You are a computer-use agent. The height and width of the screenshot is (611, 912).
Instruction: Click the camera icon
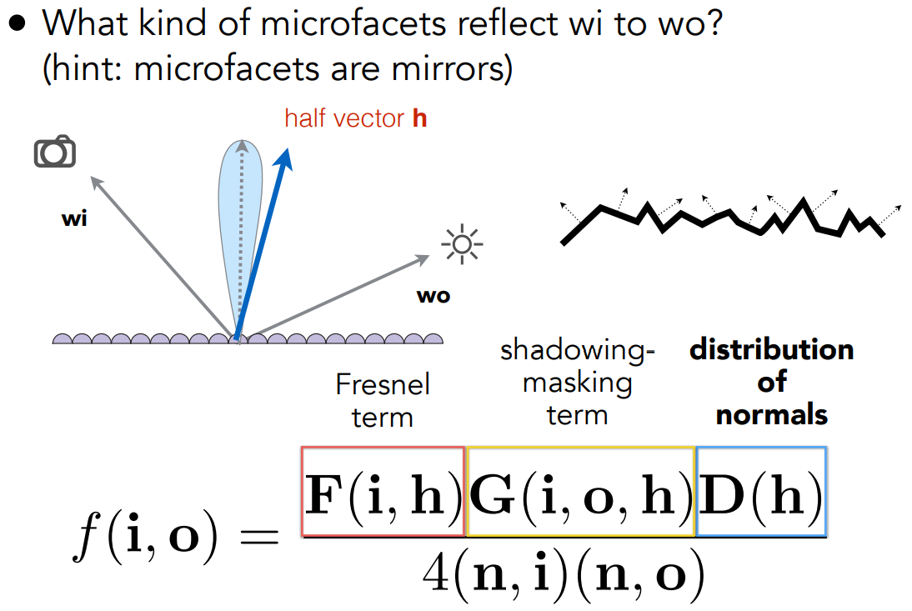click(x=55, y=153)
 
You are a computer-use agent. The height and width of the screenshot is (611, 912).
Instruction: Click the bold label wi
click(x=74, y=220)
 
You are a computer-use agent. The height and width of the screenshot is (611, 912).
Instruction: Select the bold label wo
click(x=433, y=295)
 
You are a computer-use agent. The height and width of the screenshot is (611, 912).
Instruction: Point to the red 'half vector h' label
click(x=356, y=118)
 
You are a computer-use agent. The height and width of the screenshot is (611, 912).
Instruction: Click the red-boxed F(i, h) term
click(x=383, y=493)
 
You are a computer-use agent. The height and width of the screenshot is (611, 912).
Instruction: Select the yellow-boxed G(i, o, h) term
click(x=581, y=493)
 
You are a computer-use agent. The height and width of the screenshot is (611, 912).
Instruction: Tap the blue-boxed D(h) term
click(x=760, y=493)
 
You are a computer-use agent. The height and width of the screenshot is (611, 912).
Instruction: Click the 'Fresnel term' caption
click(x=383, y=400)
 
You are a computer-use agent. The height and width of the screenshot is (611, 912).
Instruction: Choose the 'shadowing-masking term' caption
click(x=578, y=383)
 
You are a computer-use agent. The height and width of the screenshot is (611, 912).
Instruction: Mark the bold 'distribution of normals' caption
click(x=771, y=382)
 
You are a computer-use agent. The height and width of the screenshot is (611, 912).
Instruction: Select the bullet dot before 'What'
click(x=18, y=24)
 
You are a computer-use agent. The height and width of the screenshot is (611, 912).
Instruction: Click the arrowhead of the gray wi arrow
click(x=91, y=176)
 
